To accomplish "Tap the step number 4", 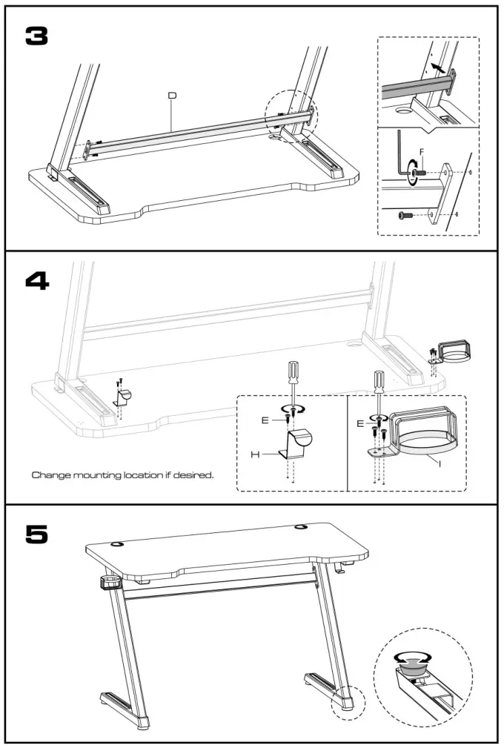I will [x=36, y=281].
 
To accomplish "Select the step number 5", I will [x=36, y=534].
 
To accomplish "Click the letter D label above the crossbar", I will [x=172, y=95].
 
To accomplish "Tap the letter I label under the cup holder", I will [x=440, y=463].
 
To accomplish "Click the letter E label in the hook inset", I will [x=265, y=420].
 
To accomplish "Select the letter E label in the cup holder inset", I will [x=361, y=423].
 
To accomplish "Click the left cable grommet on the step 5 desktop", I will [x=118, y=544].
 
